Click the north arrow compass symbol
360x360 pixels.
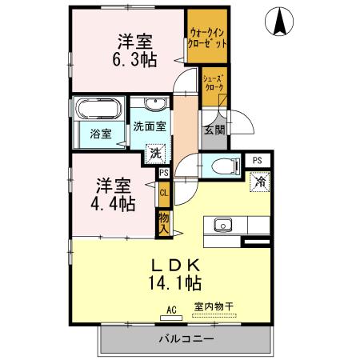281,21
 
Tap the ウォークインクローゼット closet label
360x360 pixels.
206,37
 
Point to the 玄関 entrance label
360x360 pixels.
214,130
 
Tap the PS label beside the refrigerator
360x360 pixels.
257,160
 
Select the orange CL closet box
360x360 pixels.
163,193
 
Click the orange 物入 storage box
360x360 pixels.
163,222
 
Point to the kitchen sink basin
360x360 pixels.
222,223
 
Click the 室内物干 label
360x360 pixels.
214,305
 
